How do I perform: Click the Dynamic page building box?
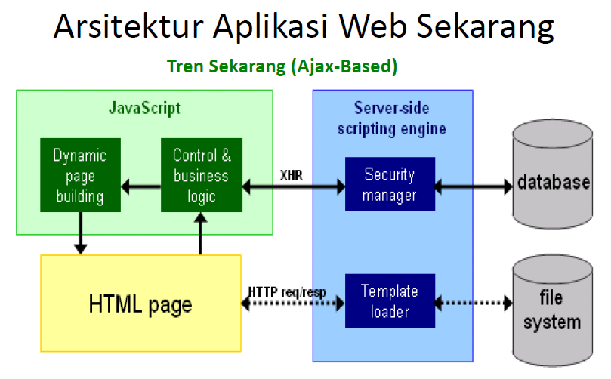pyautogui.click(x=79, y=176)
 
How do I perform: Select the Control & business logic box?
pyautogui.click(x=201, y=176)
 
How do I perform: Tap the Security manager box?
pyautogui.click(x=390, y=184)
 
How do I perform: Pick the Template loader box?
pyautogui.click(x=390, y=300)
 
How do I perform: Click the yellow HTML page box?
pyautogui.click(x=140, y=304)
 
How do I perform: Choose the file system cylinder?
pyautogui.click(x=553, y=311)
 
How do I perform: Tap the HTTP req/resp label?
pyautogui.click(x=287, y=292)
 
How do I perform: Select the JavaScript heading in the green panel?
pyautogui.click(x=144, y=108)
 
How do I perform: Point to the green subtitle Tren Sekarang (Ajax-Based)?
pyautogui.click(x=282, y=66)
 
